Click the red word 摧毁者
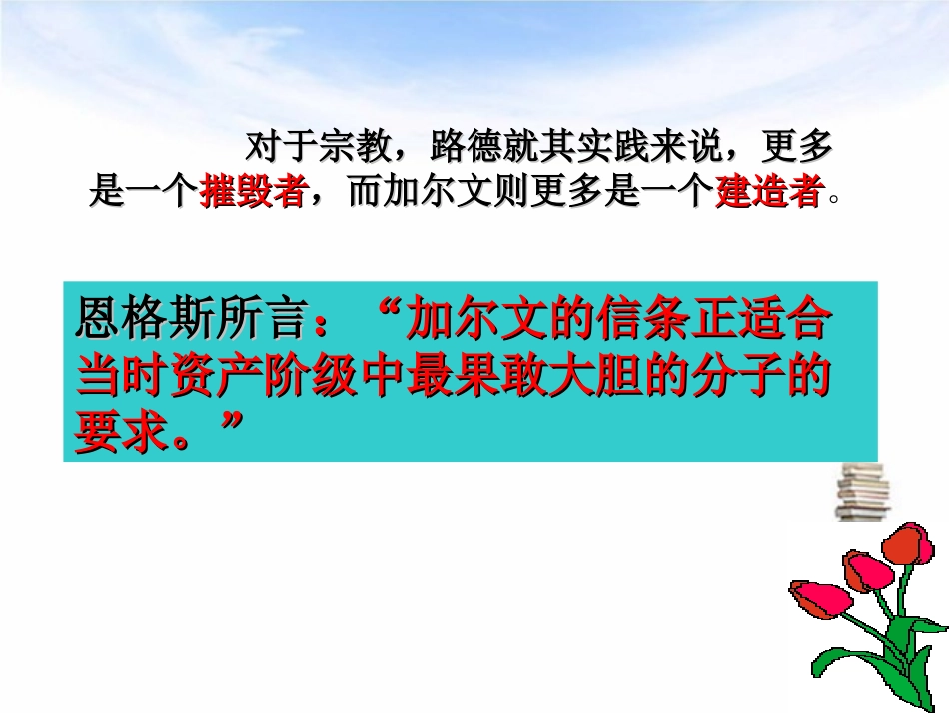[x=252, y=191]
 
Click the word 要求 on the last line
[x=120, y=435]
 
